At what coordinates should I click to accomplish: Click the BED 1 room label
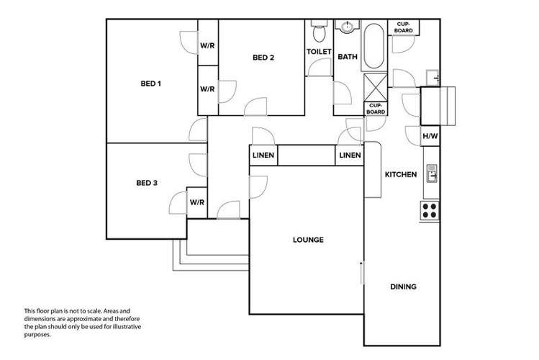150,84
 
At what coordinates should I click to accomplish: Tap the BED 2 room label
263,58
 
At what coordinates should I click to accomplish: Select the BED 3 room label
146,183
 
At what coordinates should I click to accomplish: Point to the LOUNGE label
307,240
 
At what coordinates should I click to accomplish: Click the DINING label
403,287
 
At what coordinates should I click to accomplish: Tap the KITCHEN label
401,174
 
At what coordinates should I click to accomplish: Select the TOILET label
319,52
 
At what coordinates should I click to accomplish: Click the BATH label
348,57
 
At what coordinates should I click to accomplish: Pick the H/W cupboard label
430,135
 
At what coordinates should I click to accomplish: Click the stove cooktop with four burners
430,210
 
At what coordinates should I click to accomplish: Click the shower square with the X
375,86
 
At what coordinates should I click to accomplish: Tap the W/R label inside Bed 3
197,202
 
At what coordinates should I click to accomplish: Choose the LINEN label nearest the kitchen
350,156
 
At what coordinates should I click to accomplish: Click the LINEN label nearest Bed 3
263,156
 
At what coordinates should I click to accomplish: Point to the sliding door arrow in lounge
362,274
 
